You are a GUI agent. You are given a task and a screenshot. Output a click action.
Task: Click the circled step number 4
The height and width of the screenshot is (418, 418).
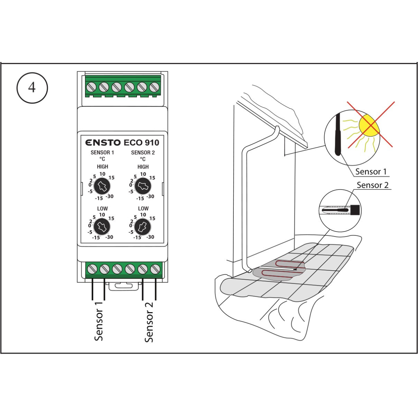32,87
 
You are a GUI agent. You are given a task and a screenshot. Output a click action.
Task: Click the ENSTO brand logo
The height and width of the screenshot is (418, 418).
103,142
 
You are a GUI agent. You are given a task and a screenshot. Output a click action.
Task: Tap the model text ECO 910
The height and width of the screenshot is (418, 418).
141,142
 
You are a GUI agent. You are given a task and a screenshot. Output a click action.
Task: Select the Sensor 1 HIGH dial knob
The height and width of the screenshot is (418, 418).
102,187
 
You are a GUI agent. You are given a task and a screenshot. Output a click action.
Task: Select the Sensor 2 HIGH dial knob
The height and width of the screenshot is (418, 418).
143,187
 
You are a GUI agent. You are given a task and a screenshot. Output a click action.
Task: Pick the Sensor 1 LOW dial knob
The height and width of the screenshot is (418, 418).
102,227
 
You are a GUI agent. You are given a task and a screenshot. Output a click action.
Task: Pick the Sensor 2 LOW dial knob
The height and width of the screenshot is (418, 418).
143,227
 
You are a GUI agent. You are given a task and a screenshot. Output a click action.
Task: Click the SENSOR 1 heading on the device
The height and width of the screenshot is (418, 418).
102,153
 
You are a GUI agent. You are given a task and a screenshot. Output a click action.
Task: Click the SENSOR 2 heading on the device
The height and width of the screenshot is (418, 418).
143,153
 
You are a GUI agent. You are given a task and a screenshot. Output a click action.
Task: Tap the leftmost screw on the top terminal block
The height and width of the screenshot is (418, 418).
92,87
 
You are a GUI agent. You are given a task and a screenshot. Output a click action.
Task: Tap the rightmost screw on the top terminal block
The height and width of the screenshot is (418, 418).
154,87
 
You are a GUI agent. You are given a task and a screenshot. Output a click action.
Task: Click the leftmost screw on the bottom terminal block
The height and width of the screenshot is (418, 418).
92,269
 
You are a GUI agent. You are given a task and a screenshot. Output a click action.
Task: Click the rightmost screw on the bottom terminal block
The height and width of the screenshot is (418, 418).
155,269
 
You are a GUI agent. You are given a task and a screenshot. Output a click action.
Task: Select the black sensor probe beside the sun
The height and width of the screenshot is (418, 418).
338,134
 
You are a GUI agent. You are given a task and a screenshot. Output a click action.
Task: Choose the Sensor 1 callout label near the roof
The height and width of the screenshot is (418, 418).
371,172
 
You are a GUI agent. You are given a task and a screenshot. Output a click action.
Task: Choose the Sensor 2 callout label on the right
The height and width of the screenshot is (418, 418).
372,185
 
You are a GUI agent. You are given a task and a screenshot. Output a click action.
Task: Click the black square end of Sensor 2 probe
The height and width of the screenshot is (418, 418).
355,210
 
